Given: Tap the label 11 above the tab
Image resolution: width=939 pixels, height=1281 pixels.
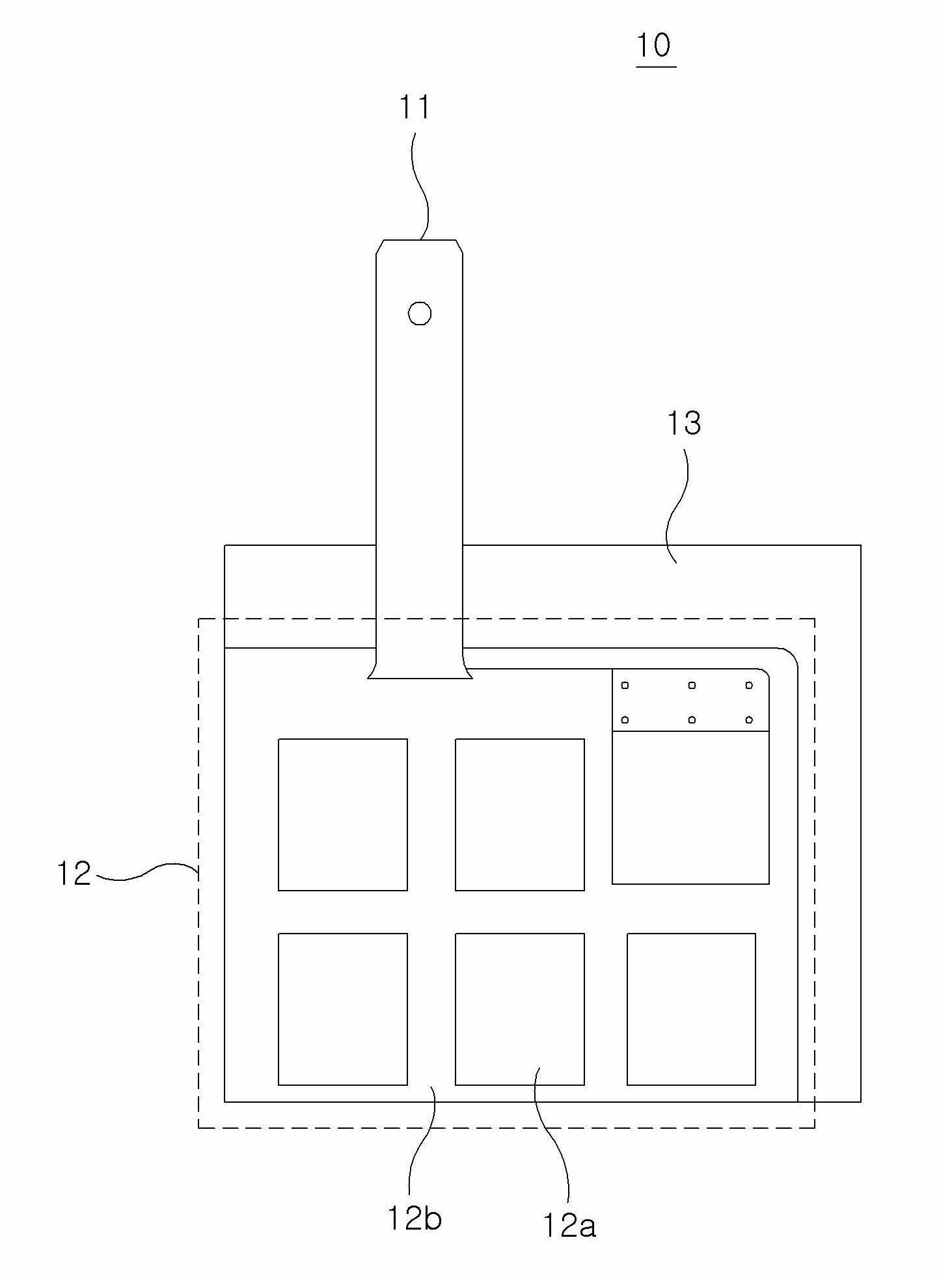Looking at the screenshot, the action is [415, 107].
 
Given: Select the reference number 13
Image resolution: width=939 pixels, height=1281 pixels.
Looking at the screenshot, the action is [684, 424].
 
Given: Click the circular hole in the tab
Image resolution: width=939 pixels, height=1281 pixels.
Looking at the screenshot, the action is [420, 314].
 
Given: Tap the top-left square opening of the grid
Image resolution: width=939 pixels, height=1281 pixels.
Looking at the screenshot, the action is [343, 815].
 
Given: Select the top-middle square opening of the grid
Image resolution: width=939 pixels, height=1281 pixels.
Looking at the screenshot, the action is [520, 815].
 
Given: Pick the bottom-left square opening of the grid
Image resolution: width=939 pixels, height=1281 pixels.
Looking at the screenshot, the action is [343, 1009].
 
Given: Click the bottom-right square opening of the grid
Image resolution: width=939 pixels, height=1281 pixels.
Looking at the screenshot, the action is [691, 1009].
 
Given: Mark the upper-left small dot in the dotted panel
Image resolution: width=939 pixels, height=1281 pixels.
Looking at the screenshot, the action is [625, 685].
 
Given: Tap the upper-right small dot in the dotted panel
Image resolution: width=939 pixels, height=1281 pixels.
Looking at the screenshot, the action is [749, 685].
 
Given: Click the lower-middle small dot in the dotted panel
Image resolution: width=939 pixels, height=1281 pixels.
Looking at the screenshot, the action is [692, 720].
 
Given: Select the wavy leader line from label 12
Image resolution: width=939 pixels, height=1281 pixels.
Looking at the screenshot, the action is [146, 872].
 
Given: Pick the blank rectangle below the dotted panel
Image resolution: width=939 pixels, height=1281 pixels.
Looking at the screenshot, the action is [690, 807].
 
